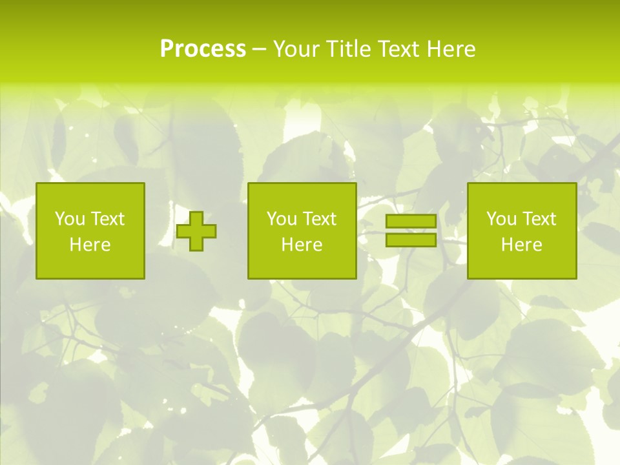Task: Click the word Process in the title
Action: coord(203,49)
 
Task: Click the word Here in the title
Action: coord(451,49)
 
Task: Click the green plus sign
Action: coord(197,231)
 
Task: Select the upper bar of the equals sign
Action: coord(411,222)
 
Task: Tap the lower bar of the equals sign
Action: coord(411,240)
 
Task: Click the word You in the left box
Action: coord(70,219)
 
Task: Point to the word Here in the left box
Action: coord(90,245)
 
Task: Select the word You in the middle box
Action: coord(282,219)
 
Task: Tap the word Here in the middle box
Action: coord(302,245)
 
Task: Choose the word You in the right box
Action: coord(501,219)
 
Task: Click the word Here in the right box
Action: coord(521,245)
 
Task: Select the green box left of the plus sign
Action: coord(90,265)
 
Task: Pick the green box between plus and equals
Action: coord(302,265)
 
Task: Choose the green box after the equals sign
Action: coord(521,265)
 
